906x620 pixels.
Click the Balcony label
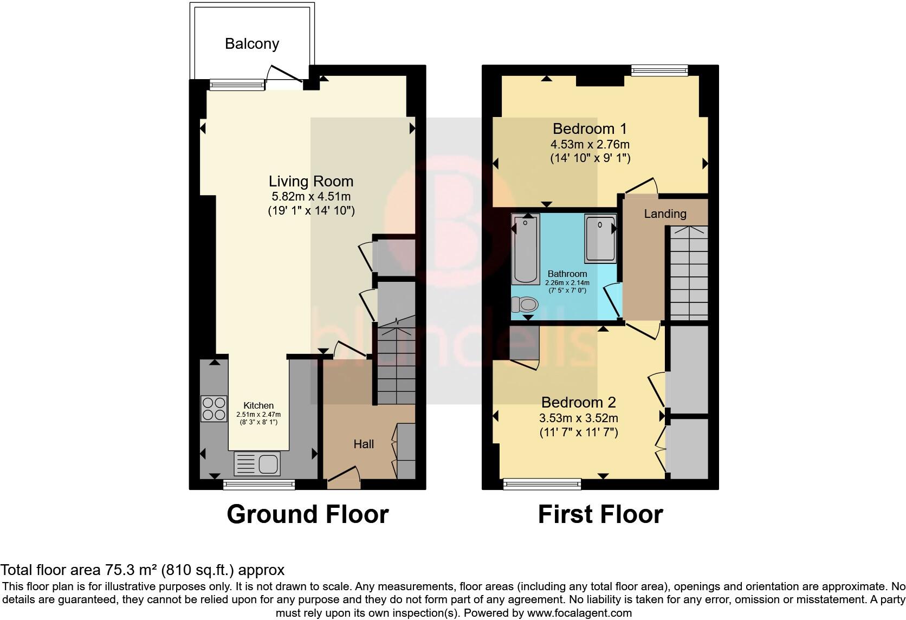[x=252, y=44]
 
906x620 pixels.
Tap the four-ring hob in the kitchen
[x=213, y=409]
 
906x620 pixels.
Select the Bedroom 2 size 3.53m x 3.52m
[x=578, y=418]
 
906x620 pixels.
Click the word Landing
[x=665, y=214]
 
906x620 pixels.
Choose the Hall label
[x=364, y=444]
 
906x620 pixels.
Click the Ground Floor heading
[x=307, y=514]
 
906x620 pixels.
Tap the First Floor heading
[x=600, y=514]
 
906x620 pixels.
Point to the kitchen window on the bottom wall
[x=259, y=484]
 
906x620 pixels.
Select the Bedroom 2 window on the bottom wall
[x=542, y=483]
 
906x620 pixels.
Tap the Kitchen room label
[x=258, y=405]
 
